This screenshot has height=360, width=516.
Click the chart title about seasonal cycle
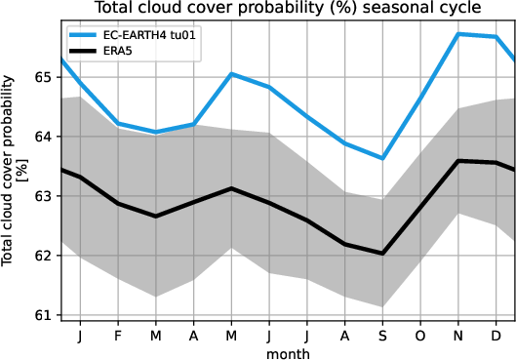287,9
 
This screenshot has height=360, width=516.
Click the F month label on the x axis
117,335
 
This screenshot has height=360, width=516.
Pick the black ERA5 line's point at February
117,204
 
